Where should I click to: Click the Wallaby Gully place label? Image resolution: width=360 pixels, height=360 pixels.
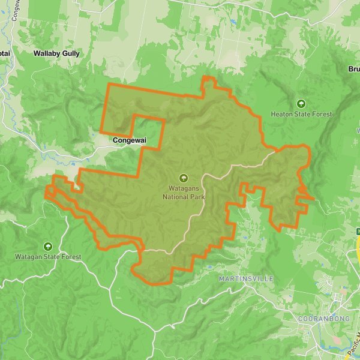coord(56,53)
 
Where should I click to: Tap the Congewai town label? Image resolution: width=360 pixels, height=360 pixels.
coord(129,140)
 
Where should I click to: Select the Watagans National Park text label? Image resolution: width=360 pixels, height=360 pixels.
coord(184,192)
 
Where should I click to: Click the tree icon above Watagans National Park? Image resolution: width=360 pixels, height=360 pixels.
coord(184,178)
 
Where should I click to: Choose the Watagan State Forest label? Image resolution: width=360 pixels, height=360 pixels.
coord(48,257)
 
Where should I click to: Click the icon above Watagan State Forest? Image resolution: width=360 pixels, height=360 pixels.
coord(48,245)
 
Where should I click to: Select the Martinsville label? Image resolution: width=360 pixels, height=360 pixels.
coord(246,280)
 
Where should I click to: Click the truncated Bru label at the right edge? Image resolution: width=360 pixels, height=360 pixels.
coord(353,69)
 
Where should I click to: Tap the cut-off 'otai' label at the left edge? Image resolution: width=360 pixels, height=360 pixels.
coord(5,53)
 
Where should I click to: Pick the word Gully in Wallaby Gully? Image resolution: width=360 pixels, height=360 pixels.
coord(70,53)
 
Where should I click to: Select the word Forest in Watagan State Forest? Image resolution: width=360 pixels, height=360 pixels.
coord(70,257)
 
